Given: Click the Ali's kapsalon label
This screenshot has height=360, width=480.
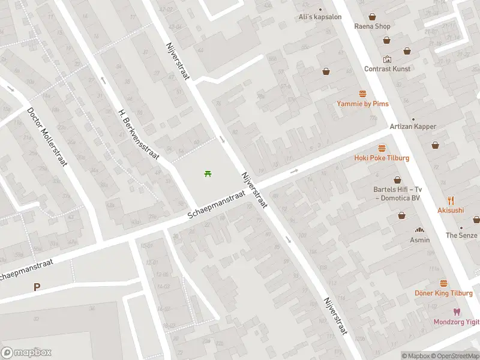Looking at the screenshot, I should pyautogui.click(x=320, y=17).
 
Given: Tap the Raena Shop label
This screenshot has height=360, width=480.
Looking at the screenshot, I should pyautogui.click(x=372, y=26).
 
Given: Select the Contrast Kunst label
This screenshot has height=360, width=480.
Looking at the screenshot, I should pyautogui.click(x=387, y=69).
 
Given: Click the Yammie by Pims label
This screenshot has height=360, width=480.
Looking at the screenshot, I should pyautogui.click(x=362, y=104).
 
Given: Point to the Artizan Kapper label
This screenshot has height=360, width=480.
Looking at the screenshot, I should pyautogui.click(x=412, y=127).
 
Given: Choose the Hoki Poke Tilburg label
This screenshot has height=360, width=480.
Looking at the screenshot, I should pyautogui.click(x=382, y=158).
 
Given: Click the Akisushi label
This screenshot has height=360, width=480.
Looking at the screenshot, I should pyautogui.click(x=451, y=211).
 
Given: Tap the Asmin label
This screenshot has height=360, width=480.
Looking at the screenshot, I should pyautogui.click(x=420, y=240).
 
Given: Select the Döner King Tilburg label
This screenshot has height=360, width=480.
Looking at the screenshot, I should pyautogui.click(x=443, y=293).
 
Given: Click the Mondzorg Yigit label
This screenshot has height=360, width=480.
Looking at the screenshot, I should pyautogui.click(x=457, y=322).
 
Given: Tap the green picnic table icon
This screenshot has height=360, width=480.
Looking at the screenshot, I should pyautogui.click(x=208, y=173).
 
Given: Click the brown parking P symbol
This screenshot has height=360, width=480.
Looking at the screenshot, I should pyautogui.click(x=37, y=287).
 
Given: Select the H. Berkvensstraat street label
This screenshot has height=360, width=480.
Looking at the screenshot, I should pyautogui.click(x=139, y=134).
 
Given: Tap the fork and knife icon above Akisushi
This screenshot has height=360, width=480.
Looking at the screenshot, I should pyautogui.click(x=451, y=200).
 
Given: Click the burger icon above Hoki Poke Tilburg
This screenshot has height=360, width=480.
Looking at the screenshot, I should pyautogui.click(x=382, y=148).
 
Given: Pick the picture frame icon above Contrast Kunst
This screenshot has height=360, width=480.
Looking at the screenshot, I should pyautogui.click(x=387, y=59).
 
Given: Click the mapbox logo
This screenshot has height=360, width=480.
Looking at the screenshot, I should pyautogui.click(x=26, y=353).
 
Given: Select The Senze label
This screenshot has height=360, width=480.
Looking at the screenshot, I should pyautogui.click(x=461, y=235).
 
